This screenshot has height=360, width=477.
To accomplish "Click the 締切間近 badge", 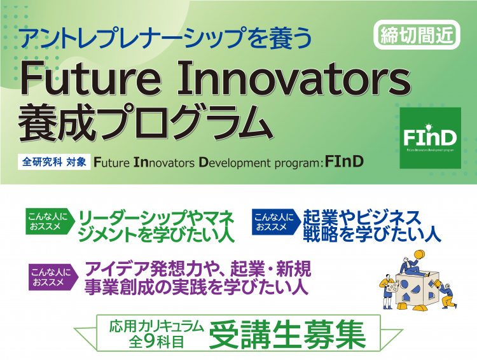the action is pyautogui.click(x=417, y=35).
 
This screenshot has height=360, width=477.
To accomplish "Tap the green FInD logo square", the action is pyautogui.click(x=430, y=138).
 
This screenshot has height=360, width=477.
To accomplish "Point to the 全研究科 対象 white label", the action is pyautogui.click(x=54, y=162).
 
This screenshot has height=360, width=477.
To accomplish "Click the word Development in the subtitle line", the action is pyautogui.click(x=235, y=162).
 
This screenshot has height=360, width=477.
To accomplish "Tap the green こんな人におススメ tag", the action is pyautogui.click(x=50, y=221).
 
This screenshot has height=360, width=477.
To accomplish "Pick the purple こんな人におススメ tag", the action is pyautogui.click(x=53, y=277).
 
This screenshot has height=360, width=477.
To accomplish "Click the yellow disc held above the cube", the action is pyautogui.click(x=418, y=255).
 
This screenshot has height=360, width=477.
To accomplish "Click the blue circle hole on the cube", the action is pyautogui.click(x=404, y=285).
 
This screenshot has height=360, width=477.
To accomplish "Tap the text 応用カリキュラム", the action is pyautogui.click(x=156, y=326).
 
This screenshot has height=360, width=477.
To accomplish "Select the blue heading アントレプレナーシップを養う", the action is pyautogui.click(x=167, y=38).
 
